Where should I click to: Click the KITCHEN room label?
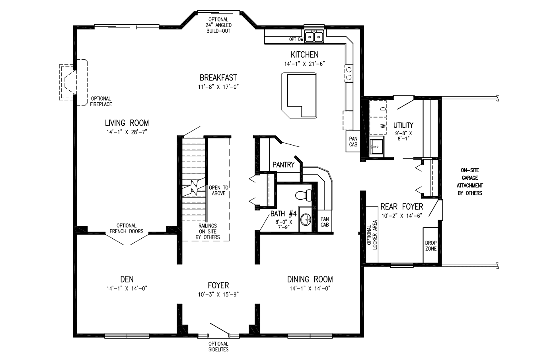304,54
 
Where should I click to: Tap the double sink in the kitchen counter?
314,37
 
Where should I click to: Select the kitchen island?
300,95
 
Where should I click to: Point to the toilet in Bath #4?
304,195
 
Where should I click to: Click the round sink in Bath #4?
306,219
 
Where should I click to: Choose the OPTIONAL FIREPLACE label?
101,101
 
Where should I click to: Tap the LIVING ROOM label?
127,123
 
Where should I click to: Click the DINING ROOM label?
310,279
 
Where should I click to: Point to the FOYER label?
218,285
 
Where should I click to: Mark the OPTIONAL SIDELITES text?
218,346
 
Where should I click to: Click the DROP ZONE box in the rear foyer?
430,245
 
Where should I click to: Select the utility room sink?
376,147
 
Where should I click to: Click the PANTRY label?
283,165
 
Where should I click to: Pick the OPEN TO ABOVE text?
219,191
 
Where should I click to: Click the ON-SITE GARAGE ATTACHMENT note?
469,182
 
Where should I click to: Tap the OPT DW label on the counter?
296,39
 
